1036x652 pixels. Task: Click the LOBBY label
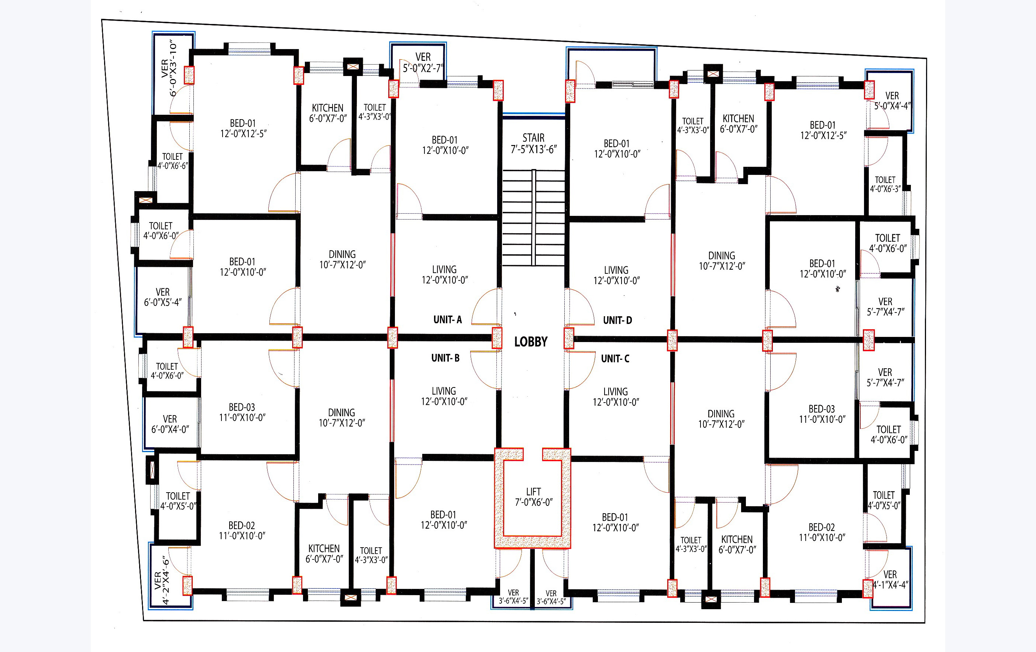[x=531, y=342]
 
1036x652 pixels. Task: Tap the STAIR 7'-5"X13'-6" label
[x=533, y=144]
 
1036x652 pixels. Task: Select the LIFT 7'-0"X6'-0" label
[x=533, y=497]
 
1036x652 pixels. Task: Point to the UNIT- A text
[x=447, y=320]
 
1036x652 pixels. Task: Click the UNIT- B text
[x=445, y=358]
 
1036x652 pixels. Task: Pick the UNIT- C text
[x=615, y=359]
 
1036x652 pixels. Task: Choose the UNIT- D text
[x=617, y=320]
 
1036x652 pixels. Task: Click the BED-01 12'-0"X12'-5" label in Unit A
[x=243, y=128]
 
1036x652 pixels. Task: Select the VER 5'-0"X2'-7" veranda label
[x=423, y=63]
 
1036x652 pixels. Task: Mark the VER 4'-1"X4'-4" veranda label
[x=890, y=580]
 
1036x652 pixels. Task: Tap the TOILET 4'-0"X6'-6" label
[x=172, y=161]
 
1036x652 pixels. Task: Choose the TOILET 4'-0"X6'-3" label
[x=885, y=184]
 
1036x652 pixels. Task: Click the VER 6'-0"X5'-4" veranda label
[x=163, y=297]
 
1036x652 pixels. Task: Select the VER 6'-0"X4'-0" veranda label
[x=170, y=424]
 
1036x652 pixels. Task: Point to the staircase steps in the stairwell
[x=533, y=218]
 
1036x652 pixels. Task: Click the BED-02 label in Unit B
[x=242, y=530]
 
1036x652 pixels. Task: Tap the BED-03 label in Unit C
[x=822, y=414]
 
